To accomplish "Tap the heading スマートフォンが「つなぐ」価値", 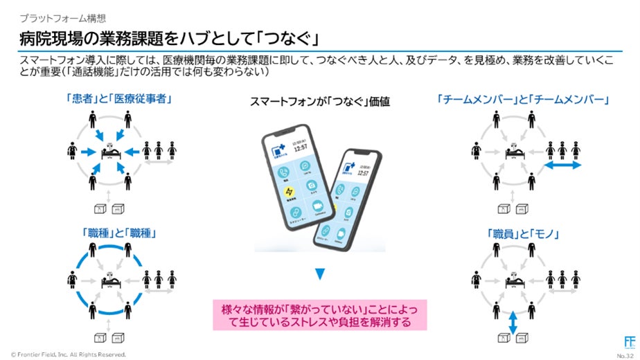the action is tap(320, 102).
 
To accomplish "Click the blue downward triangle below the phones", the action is tap(319, 274).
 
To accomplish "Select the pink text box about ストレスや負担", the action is tap(319, 312).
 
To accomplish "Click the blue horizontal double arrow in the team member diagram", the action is tap(561, 167).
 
